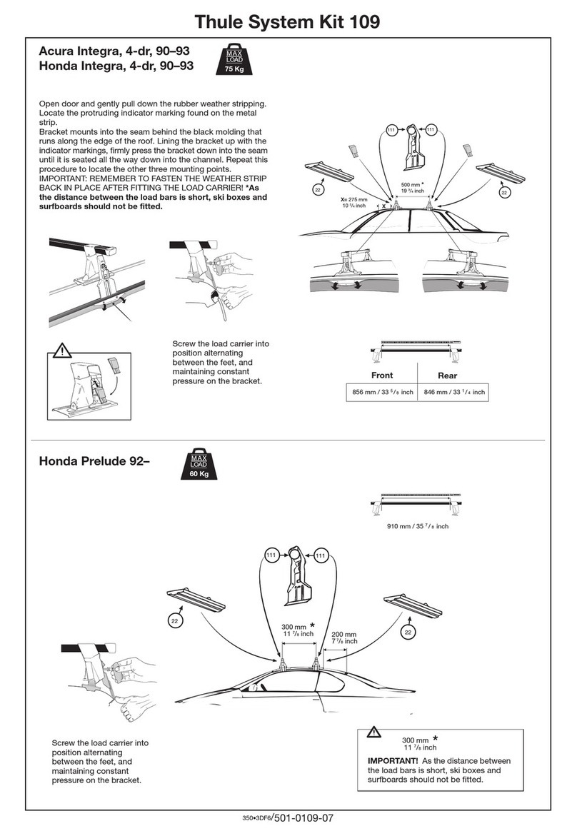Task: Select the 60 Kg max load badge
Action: pos(199,465)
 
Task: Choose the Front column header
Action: pos(382,376)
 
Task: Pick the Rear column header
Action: pos(448,376)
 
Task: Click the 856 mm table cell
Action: pos(383,392)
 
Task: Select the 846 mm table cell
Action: pos(454,392)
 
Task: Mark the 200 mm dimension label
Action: pos(345,638)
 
